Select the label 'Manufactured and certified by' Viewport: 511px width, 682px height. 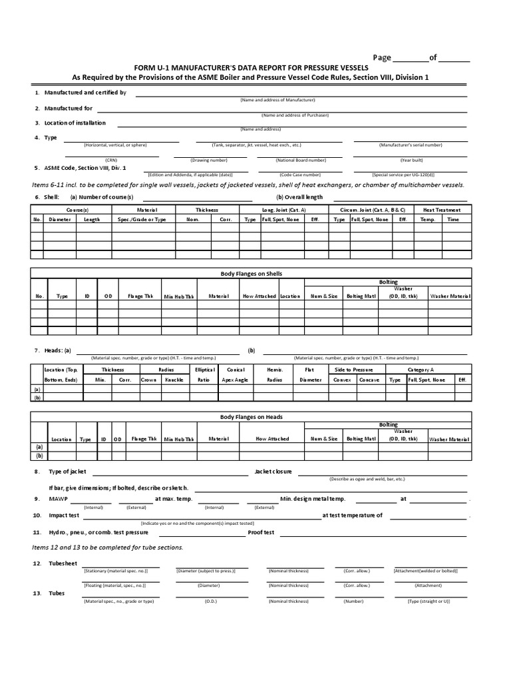[x=85, y=93]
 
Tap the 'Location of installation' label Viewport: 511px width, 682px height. [x=75, y=123]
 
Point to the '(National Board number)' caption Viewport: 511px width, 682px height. [x=301, y=160]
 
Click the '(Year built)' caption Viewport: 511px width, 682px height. [x=410, y=160]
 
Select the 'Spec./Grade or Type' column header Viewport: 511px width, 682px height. [x=142, y=219]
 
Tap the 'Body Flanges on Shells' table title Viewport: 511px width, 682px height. [x=252, y=274]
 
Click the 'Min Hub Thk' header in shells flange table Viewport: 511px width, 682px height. [x=179, y=296]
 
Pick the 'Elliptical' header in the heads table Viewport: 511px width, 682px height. [x=204, y=369]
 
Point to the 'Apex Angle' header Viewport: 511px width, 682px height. [x=234, y=380]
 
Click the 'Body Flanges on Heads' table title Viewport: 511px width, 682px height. [x=252, y=417]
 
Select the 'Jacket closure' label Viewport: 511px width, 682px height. [x=273, y=472]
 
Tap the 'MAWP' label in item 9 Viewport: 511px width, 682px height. [x=58, y=499]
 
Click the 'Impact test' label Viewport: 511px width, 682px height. [x=64, y=515]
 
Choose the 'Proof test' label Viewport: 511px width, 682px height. [x=261, y=532]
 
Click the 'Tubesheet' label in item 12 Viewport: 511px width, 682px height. [x=63, y=563]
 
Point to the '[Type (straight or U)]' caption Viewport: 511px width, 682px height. [x=428, y=601]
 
